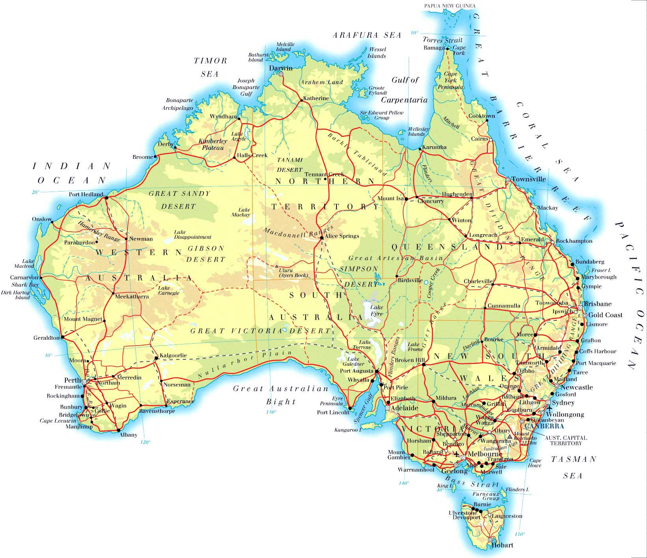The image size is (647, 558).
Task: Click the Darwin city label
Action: (x=280, y=68)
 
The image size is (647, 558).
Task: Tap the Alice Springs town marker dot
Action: (x=322, y=238)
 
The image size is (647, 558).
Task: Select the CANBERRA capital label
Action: (x=544, y=426)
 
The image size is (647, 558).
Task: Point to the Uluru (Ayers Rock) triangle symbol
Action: (x=276, y=266)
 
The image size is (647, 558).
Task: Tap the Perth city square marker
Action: (x=84, y=381)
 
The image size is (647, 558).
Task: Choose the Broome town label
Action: (x=142, y=157)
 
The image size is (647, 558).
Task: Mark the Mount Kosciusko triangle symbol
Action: (x=510, y=437)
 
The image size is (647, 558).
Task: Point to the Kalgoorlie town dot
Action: (x=156, y=358)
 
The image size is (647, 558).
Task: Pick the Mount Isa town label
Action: (x=390, y=198)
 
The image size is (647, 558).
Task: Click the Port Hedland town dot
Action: (x=106, y=198)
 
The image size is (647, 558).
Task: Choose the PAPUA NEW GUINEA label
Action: (x=450, y=6)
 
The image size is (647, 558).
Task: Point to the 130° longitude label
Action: (x=271, y=412)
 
